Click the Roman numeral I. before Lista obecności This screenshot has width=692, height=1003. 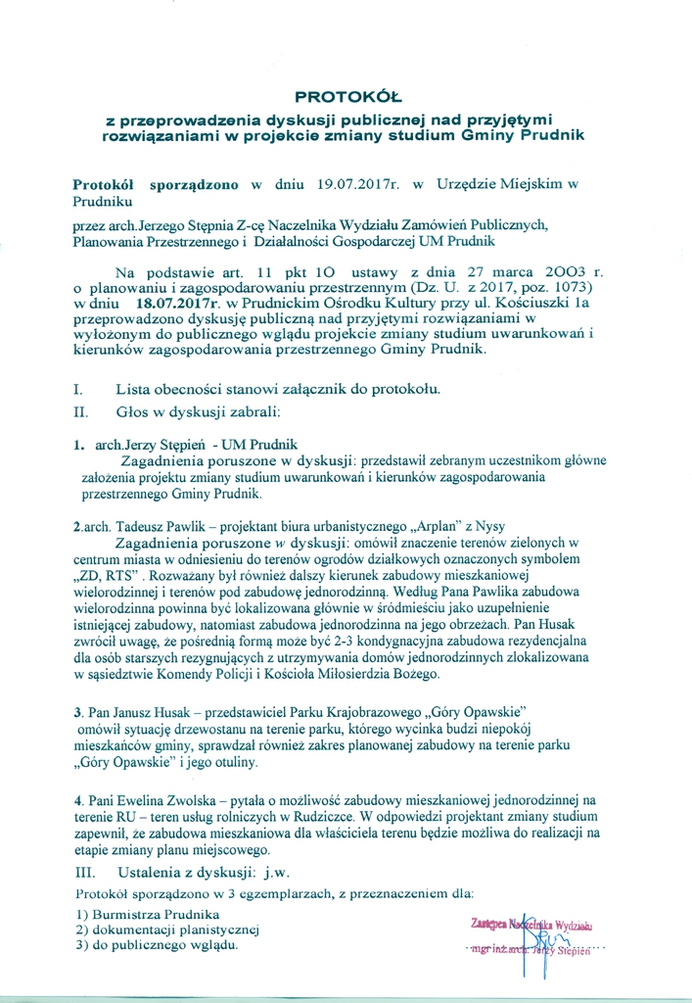point(77,388)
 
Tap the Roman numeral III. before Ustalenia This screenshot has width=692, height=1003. point(86,870)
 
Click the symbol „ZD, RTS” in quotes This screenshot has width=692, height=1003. point(109,575)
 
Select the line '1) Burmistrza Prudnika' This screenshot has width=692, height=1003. point(147,913)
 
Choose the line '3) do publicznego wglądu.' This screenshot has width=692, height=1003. point(157,945)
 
